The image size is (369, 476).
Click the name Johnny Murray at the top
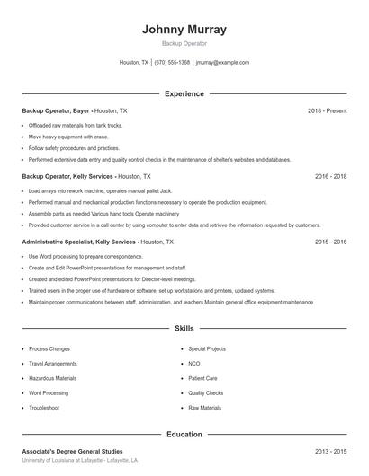[184, 29]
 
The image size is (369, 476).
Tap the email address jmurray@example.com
[222, 63]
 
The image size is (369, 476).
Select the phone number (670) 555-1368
[172, 63]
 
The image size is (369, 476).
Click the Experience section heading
[184, 93]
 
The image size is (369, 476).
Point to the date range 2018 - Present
[327, 110]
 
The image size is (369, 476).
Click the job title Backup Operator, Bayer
[56, 110]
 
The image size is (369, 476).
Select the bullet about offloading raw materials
[76, 126]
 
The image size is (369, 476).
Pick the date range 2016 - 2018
[330, 176]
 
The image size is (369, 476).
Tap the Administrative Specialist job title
[78, 242]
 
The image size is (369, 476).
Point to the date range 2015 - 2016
[330, 242]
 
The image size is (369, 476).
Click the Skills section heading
[184, 330]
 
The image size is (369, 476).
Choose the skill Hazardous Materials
[53, 378]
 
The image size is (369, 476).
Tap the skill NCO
[194, 364]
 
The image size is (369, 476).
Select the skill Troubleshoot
[44, 408]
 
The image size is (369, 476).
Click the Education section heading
[184, 435]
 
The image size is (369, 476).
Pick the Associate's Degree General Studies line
[72, 451]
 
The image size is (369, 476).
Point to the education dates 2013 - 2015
[330, 451]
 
